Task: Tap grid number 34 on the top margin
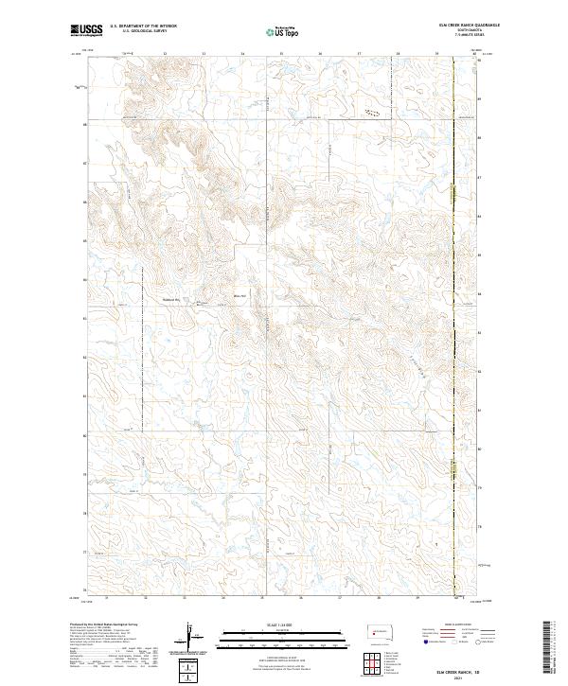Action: (x=242, y=55)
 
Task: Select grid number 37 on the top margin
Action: (x=359, y=55)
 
